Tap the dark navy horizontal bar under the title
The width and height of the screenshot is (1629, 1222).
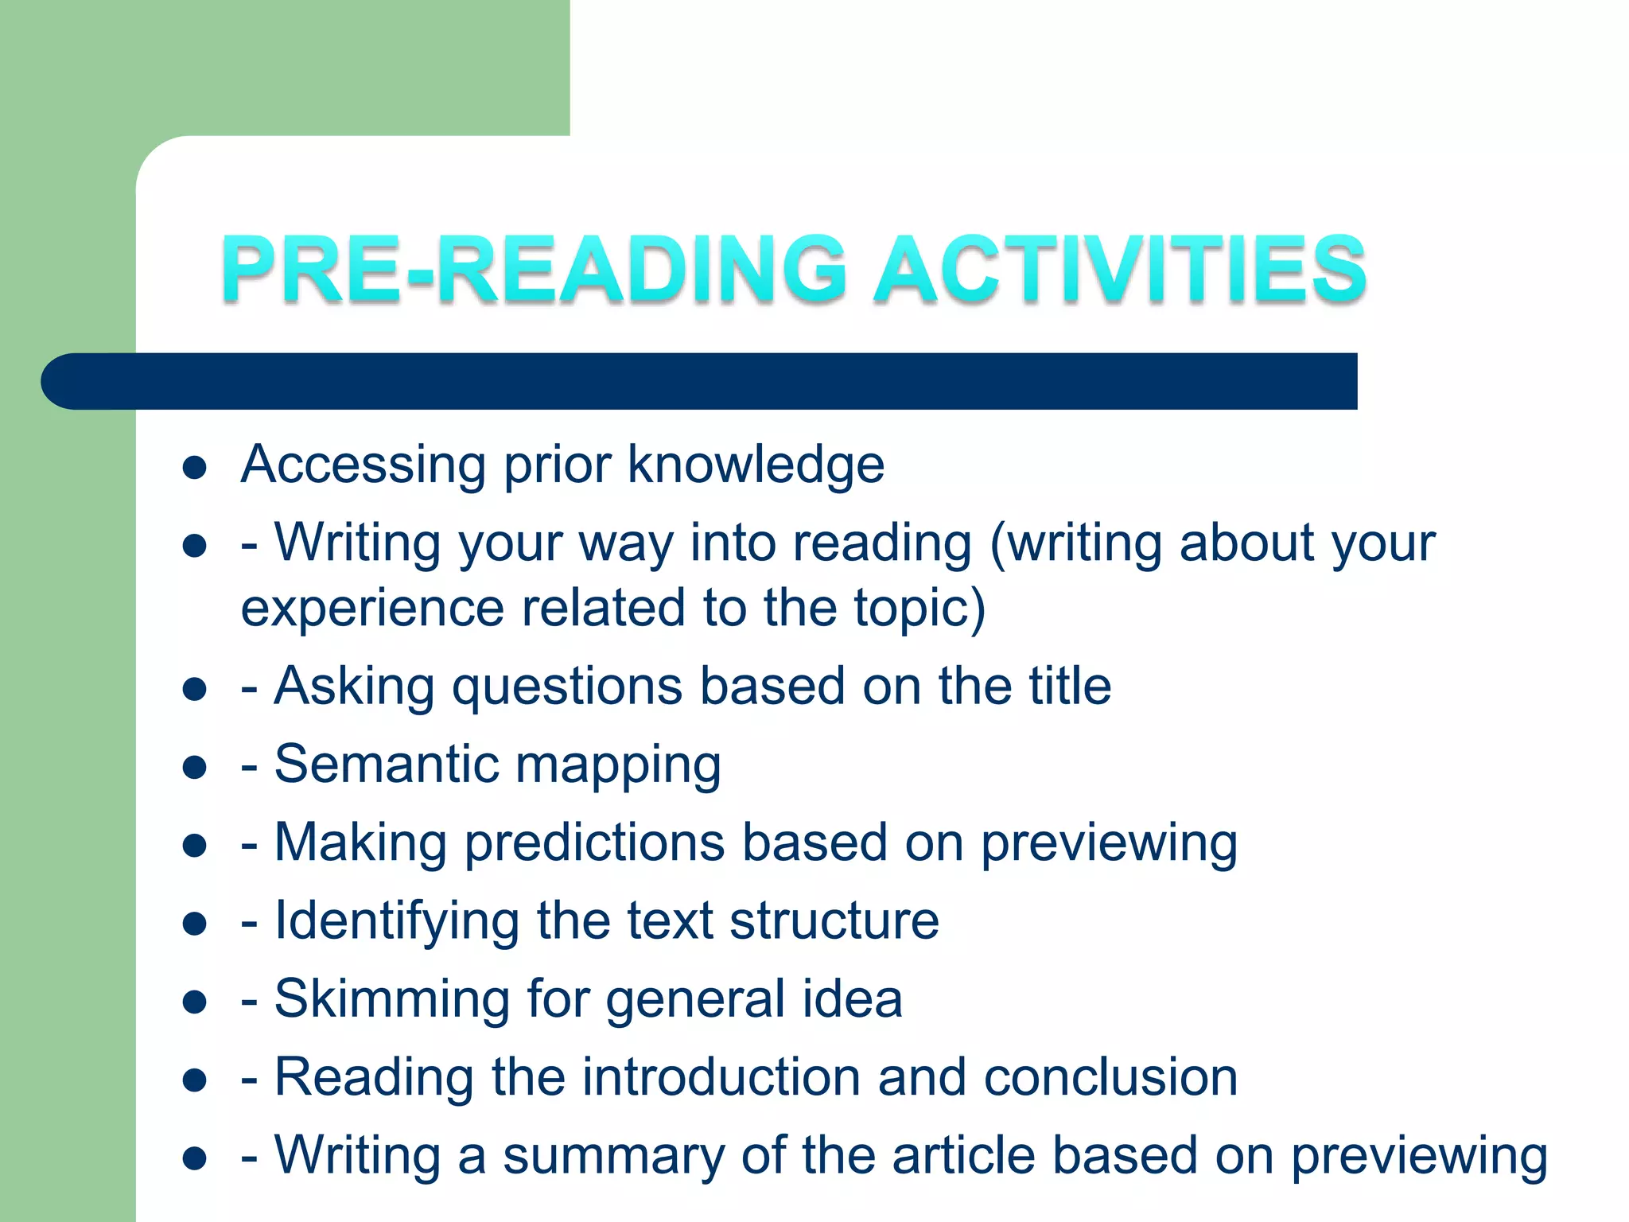coord(700,381)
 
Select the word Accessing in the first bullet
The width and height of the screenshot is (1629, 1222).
coord(363,465)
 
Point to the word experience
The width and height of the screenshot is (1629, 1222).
coord(372,609)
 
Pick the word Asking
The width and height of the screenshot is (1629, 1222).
coord(354,687)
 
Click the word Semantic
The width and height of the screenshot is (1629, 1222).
coord(386,765)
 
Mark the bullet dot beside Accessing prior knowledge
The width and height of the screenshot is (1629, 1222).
coord(194,468)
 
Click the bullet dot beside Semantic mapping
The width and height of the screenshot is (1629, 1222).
coord(194,768)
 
